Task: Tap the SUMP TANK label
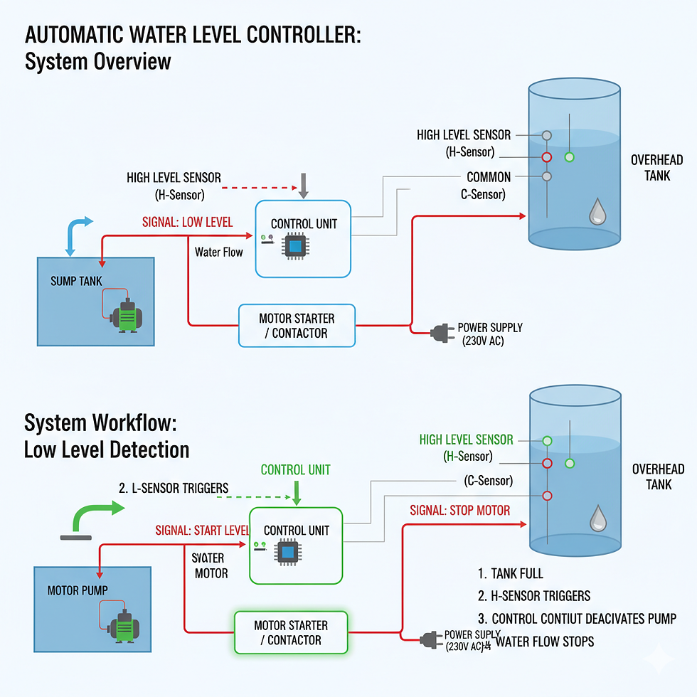pyautogui.click(x=77, y=282)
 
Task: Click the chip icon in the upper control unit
pyautogui.click(x=294, y=246)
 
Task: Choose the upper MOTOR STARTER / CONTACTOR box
pyautogui.click(x=296, y=326)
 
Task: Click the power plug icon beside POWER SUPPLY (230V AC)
pyautogui.click(x=440, y=331)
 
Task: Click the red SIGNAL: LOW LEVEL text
pyautogui.click(x=188, y=222)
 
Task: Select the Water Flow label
pyautogui.click(x=218, y=252)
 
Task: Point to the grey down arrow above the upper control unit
pyautogui.click(x=304, y=185)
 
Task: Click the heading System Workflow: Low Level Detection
pyautogui.click(x=107, y=436)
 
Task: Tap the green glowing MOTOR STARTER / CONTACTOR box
pyautogui.click(x=291, y=632)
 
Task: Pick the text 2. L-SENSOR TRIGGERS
pyautogui.click(x=174, y=488)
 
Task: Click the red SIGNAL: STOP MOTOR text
pyautogui.click(x=460, y=510)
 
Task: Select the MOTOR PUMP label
pyautogui.click(x=78, y=590)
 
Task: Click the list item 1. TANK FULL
pyautogui.click(x=511, y=573)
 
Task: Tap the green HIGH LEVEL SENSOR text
pyautogui.click(x=466, y=440)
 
